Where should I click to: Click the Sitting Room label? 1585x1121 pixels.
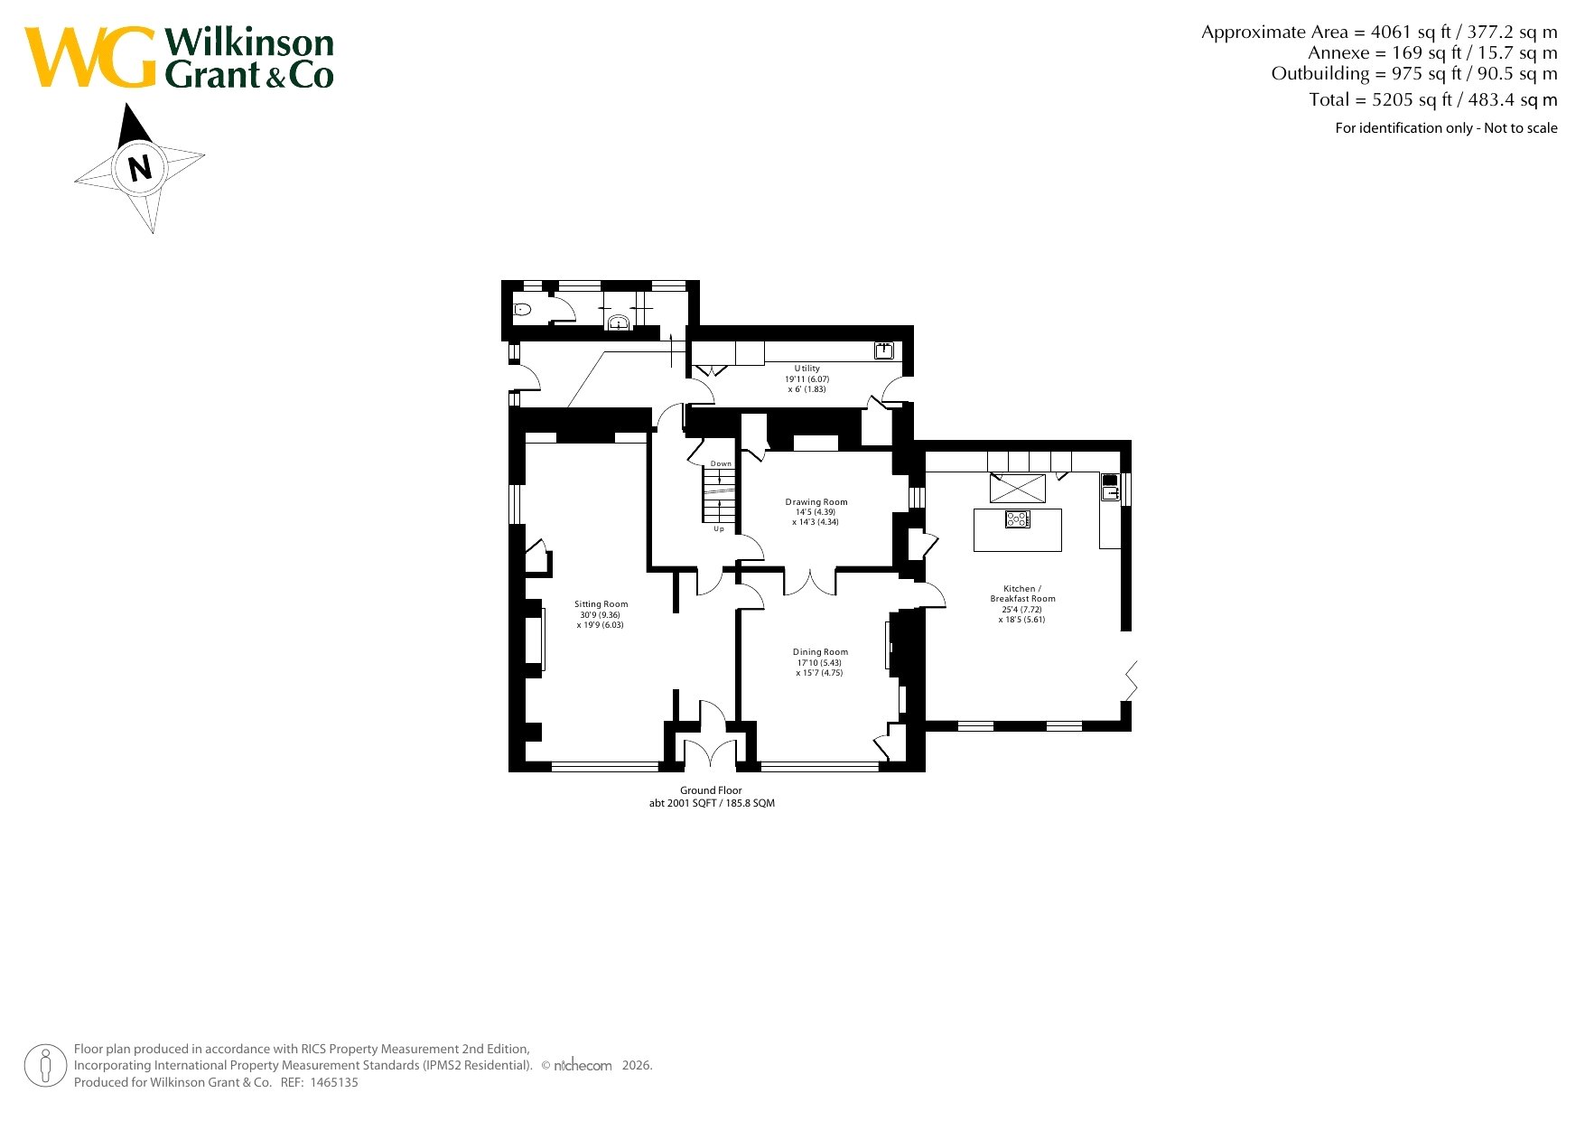(601, 604)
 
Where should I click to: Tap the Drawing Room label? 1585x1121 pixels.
(816, 502)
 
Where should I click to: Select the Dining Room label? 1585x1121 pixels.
(820, 652)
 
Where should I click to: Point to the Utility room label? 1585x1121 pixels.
(807, 369)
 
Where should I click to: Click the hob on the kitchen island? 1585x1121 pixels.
(1018, 518)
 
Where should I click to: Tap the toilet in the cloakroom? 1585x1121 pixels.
(523, 310)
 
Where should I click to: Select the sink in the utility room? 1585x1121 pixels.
(884, 350)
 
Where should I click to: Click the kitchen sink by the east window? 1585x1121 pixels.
(1110, 487)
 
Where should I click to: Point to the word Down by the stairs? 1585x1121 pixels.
(721, 464)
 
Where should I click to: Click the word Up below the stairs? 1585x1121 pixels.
(719, 529)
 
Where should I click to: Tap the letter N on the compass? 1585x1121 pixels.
(140, 168)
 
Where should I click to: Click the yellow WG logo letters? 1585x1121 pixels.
(90, 57)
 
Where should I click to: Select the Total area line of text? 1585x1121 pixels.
(1433, 99)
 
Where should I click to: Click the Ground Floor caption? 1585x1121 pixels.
(711, 790)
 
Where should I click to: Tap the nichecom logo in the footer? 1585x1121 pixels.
(582, 1066)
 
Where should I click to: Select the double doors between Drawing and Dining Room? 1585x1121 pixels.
(809, 582)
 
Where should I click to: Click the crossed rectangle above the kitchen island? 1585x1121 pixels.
(1018, 488)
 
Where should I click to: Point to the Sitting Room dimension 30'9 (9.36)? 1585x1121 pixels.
(601, 615)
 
